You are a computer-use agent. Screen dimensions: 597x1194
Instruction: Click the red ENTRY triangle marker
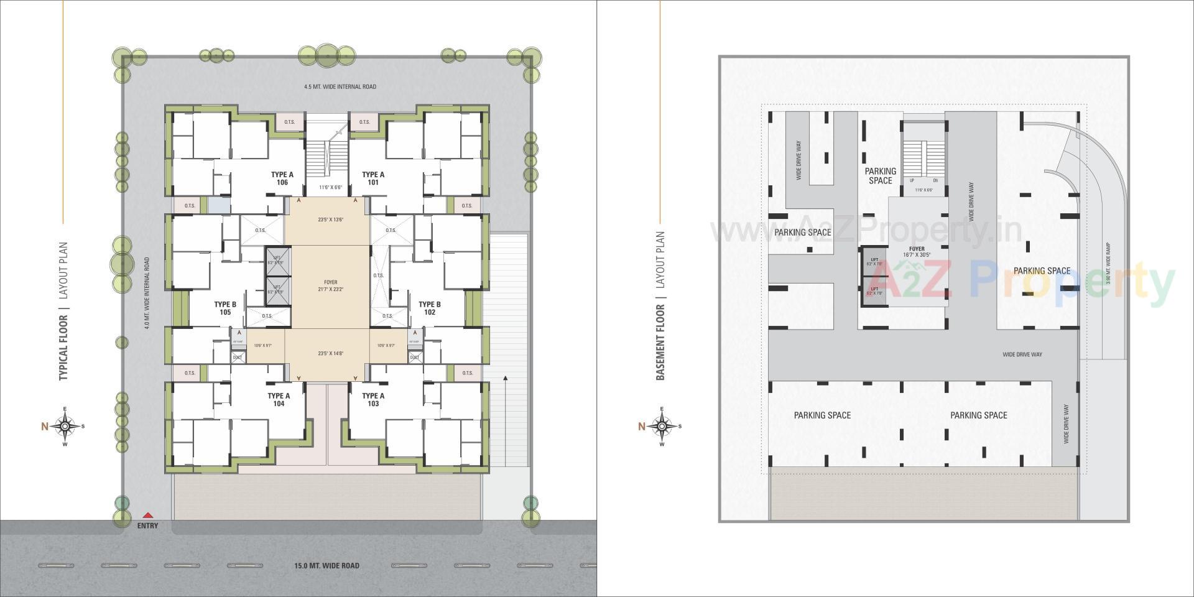(147, 516)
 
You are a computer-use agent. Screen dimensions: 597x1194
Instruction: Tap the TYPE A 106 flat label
(282, 178)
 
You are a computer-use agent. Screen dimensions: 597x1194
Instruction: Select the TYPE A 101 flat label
(373, 178)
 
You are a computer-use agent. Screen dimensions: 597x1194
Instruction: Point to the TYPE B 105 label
(225, 308)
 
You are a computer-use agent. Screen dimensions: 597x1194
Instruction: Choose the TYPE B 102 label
(430, 308)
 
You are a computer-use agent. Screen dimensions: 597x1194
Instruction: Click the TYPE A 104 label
(279, 399)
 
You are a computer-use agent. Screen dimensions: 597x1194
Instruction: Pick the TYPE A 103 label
(373, 399)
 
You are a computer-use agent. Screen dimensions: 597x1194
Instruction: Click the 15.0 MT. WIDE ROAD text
(326, 566)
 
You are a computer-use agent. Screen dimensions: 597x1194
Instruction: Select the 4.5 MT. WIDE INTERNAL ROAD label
(340, 87)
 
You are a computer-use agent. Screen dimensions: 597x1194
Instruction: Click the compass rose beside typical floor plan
(65, 427)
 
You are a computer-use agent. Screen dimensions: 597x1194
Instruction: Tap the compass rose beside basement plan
(662, 427)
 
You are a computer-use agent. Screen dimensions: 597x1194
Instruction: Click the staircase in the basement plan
(924, 159)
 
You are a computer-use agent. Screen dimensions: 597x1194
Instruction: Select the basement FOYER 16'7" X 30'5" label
(917, 252)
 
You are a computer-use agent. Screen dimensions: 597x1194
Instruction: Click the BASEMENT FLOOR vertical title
(660, 342)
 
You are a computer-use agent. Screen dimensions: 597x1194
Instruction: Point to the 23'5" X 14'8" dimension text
(327, 353)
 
